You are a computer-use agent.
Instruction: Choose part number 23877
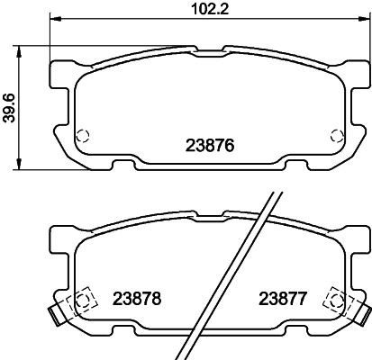tap(284, 298)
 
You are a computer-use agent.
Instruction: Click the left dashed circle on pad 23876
tap(82, 137)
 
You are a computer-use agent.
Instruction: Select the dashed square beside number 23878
tap(82, 300)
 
